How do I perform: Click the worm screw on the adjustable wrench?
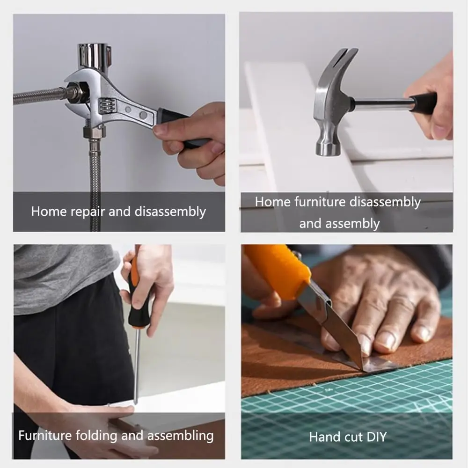[107, 106]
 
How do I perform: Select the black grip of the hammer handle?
[424, 103]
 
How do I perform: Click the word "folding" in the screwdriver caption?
[97, 436]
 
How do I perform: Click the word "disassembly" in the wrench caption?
[170, 212]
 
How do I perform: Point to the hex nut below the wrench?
[95, 132]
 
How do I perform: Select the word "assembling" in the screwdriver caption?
[181, 436]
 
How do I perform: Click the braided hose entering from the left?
[39, 95]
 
